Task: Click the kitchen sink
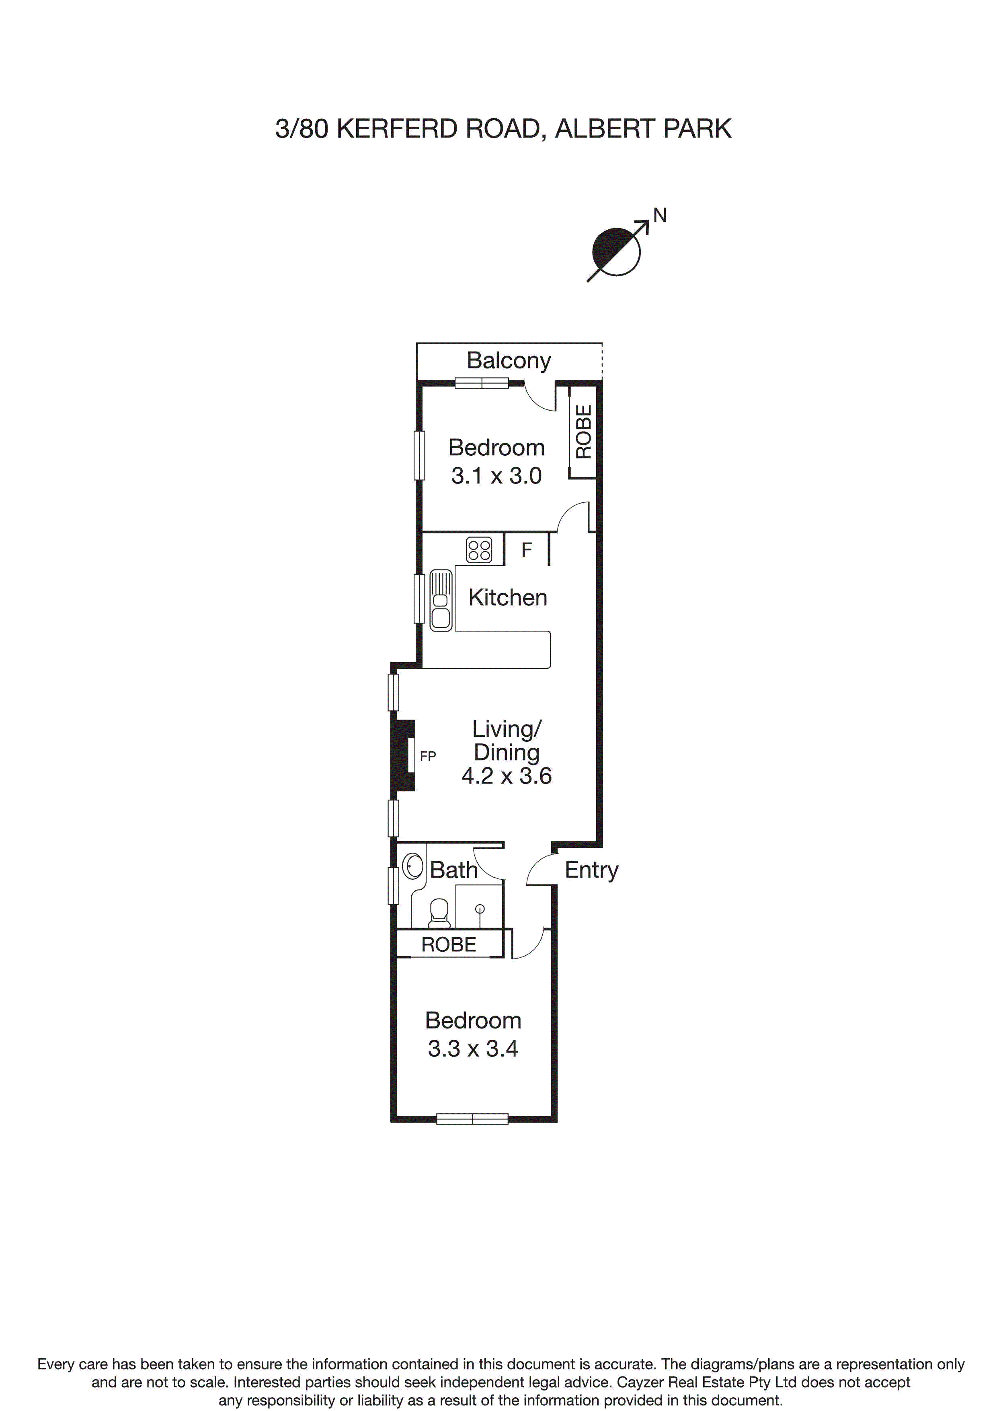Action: tap(441, 601)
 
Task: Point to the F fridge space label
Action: tap(527, 550)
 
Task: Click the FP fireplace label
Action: tap(428, 757)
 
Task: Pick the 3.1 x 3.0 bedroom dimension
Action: tap(496, 476)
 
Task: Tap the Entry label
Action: tap(591, 870)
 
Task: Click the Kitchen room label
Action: tap(507, 597)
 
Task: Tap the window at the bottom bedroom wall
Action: tap(472, 1119)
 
